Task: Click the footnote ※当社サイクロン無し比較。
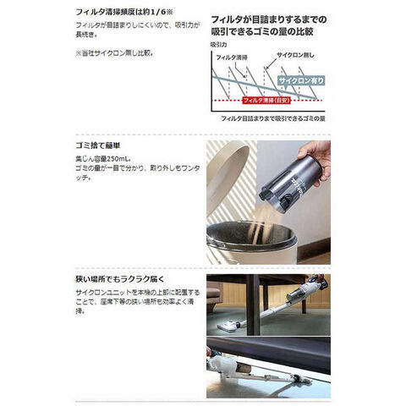[x=114, y=52]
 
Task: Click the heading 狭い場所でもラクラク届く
[x=118, y=277]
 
